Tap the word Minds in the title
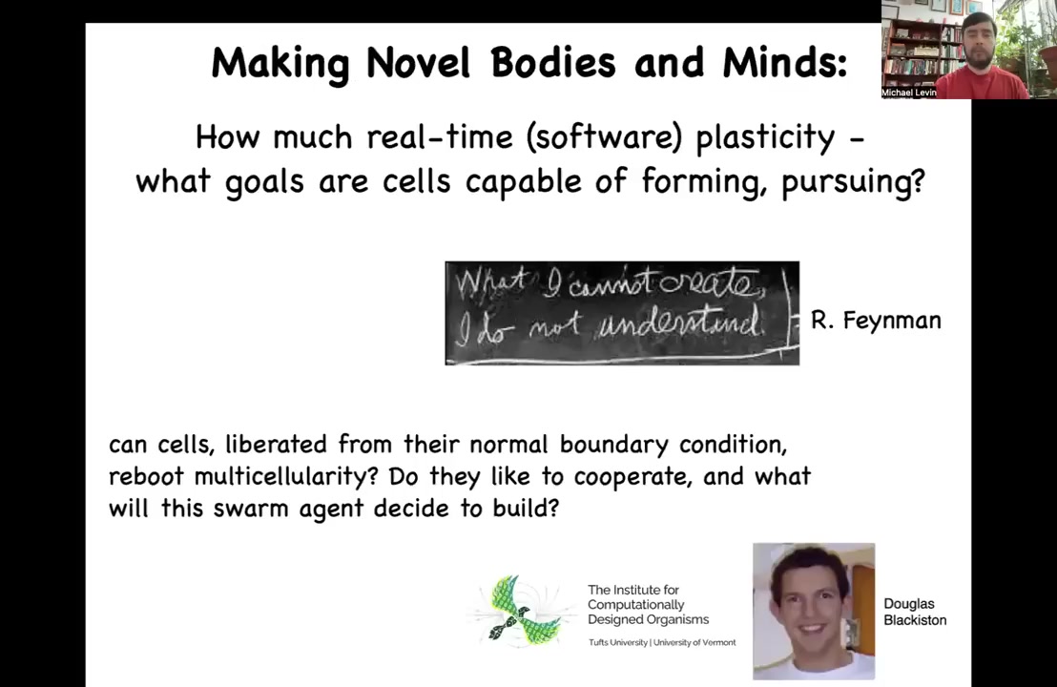click(x=784, y=63)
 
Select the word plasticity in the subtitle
click(x=765, y=138)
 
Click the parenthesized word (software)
click(x=604, y=137)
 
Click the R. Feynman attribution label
click(x=876, y=320)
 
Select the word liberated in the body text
click(x=276, y=445)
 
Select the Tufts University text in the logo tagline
click(x=618, y=642)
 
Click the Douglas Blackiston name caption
click(x=915, y=612)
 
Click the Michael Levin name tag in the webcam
click(x=909, y=93)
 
